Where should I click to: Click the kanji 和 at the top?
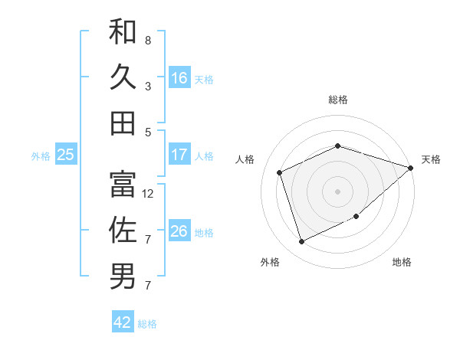[123, 31]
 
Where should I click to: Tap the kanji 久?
[123, 77]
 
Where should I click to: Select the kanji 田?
[123, 123]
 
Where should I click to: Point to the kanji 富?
[123, 184]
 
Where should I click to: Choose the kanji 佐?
[123, 230]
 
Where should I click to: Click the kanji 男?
[123, 277]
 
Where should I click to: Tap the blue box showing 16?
[179, 77]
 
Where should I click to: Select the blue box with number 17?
[179, 155]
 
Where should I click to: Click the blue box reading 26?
[179, 231]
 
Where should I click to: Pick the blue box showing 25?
[65, 155]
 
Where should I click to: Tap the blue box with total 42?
[123, 322]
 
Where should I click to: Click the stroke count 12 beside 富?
[149, 194]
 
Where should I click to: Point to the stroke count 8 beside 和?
[148, 40]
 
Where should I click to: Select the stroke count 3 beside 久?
[148, 86]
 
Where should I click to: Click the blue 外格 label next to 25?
[41, 156]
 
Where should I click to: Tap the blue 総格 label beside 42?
[147, 324]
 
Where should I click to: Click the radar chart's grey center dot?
[337, 191]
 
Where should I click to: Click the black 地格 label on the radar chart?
[402, 262]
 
